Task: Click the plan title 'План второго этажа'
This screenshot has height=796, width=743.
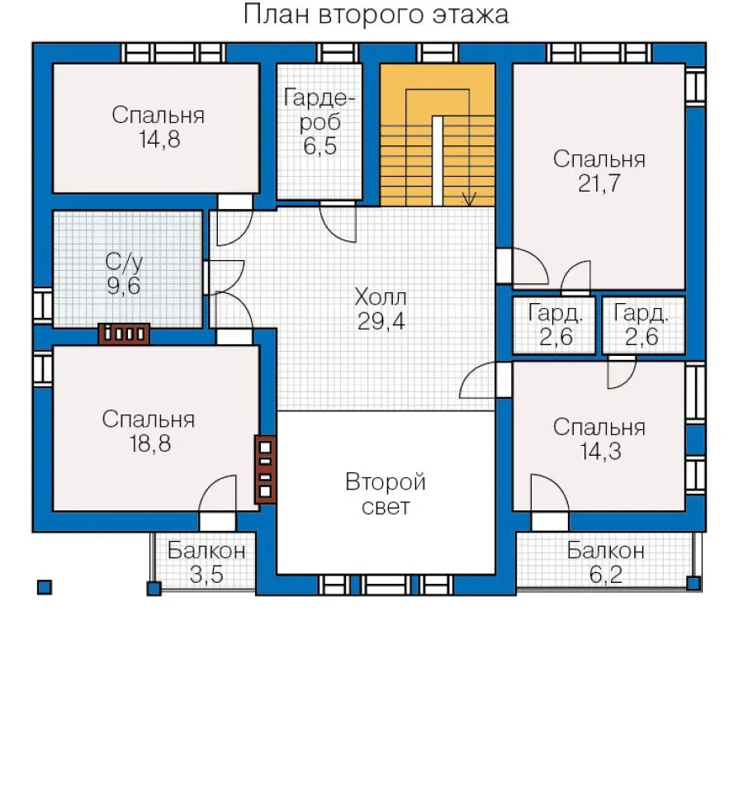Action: coord(376,15)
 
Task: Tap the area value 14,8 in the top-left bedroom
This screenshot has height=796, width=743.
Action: coord(159,139)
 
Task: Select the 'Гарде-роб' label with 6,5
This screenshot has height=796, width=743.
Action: coord(319,122)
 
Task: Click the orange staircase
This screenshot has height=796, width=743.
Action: coord(438,135)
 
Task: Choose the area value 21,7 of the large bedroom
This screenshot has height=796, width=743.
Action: coord(599,183)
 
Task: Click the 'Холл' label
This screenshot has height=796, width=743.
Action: coord(381,297)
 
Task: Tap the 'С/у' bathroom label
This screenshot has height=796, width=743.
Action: coord(124,263)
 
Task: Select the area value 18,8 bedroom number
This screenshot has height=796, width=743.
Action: coord(149,443)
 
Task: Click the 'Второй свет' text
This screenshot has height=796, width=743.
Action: coord(386,494)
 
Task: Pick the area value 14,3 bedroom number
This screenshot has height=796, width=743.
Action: coord(600,452)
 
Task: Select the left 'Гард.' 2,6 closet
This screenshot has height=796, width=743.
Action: coord(554,325)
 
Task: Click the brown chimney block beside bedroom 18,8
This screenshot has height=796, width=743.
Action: coord(266,469)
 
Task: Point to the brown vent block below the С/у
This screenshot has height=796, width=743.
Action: coord(124,334)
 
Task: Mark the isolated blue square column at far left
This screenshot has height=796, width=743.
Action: coord(45,587)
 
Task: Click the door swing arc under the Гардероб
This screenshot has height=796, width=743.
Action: coord(338,224)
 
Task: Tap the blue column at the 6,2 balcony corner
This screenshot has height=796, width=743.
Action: coord(693,583)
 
